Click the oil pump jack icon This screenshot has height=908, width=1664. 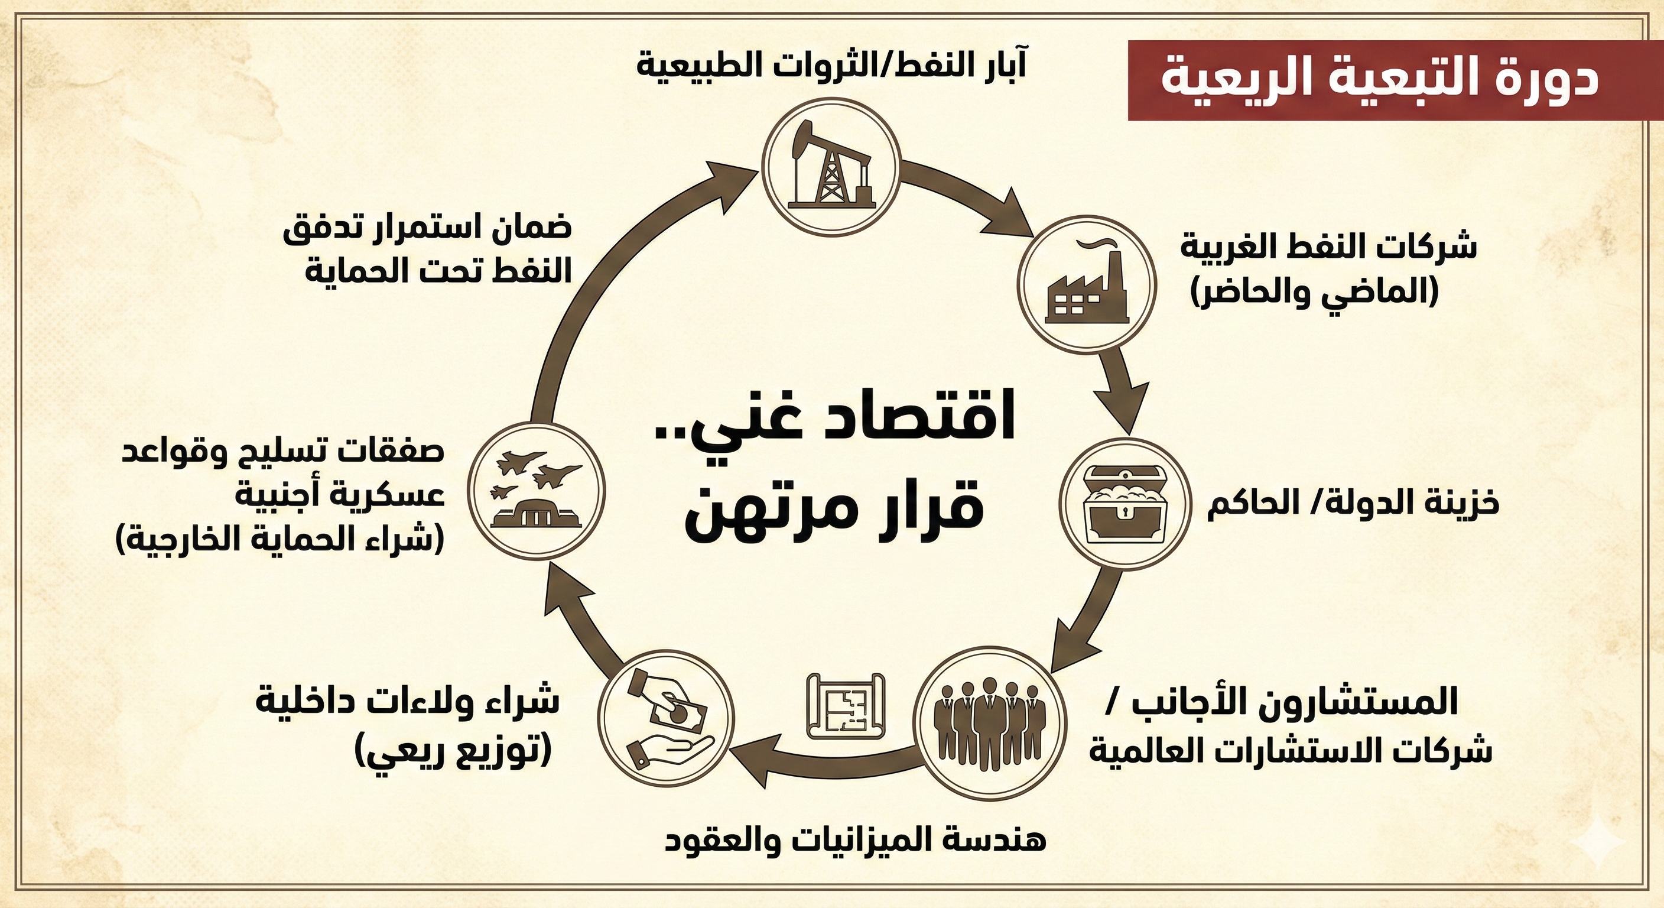(x=830, y=166)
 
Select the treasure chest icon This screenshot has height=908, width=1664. (x=1124, y=504)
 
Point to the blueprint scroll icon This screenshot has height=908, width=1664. (x=846, y=707)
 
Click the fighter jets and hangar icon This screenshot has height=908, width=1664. (x=536, y=490)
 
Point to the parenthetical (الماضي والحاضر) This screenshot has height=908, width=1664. (x=1315, y=292)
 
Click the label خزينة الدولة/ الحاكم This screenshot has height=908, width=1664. (x=1352, y=504)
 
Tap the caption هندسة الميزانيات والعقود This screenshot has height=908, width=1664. (x=855, y=840)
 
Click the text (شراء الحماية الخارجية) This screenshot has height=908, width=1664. (x=280, y=539)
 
